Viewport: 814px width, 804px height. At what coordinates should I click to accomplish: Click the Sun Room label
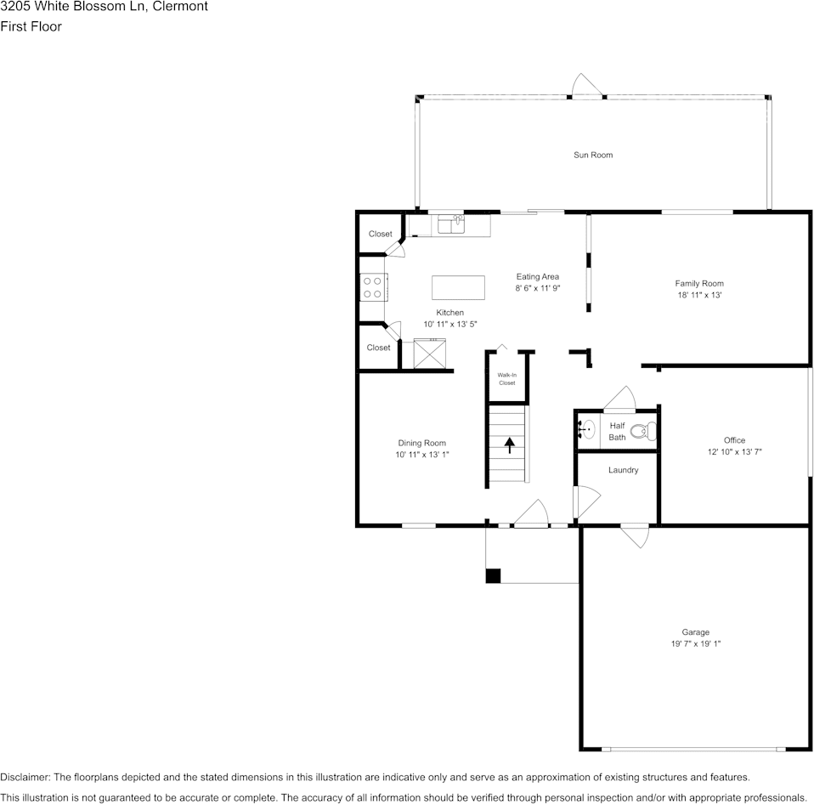[592, 155]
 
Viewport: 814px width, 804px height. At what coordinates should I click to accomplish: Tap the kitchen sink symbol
[450, 224]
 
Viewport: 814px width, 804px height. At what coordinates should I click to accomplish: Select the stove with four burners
[372, 286]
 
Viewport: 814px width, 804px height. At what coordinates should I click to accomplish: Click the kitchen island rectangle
[458, 287]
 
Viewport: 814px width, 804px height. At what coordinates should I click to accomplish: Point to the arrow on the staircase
[510, 444]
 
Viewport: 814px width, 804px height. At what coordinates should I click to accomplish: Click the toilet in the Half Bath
[644, 432]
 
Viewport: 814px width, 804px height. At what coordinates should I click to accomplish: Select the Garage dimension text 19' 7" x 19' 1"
[695, 644]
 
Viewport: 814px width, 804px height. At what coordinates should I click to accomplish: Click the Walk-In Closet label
[506, 379]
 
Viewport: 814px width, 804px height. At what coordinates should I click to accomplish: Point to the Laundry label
[623, 470]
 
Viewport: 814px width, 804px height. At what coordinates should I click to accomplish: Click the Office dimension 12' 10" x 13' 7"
[734, 452]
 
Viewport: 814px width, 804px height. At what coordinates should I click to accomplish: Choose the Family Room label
[698, 284]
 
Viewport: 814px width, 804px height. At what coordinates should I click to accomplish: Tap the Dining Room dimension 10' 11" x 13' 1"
[421, 455]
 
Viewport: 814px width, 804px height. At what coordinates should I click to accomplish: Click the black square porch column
[493, 576]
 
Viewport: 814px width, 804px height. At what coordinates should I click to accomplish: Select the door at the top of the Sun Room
[586, 88]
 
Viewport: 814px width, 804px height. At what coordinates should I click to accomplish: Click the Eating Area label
[537, 276]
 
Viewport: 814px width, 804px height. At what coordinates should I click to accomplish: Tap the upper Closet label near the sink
[380, 234]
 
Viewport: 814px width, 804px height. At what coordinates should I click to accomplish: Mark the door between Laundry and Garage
[636, 535]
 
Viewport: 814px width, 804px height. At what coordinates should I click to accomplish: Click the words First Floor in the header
[31, 26]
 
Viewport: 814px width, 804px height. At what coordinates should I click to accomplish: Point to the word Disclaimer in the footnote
[25, 777]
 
